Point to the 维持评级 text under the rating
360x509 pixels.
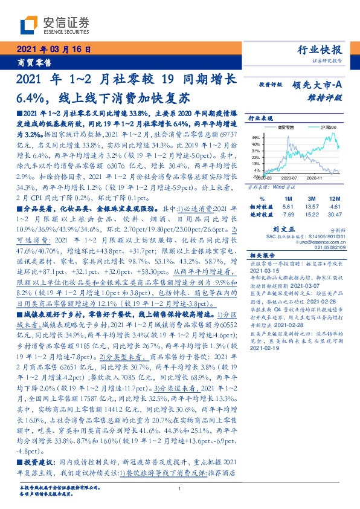tap(326, 97)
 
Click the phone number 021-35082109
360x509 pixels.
tap(325, 247)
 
